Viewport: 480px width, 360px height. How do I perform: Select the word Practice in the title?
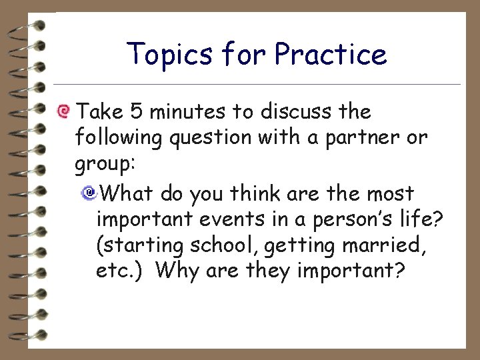click(331, 55)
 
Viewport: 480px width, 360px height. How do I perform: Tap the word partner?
click(366, 137)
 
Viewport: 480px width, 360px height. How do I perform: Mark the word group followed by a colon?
click(101, 165)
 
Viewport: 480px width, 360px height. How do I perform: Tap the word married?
click(387, 246)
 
